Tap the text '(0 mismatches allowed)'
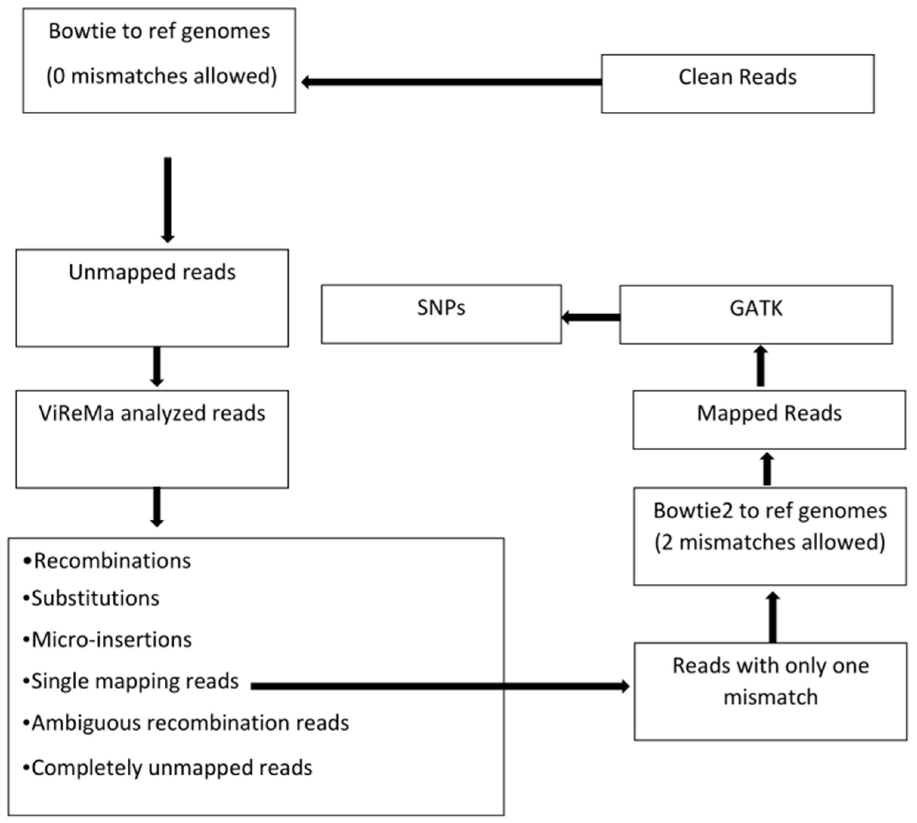point(161,76)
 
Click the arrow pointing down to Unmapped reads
point(168,199)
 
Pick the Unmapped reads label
point(152,272)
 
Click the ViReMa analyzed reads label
point(152,413)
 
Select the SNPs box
point(441,314)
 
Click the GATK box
point(756,314)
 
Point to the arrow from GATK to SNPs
point(591,317)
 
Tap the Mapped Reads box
point(769,419)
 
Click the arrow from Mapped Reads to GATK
point(761,366)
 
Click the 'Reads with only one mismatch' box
point(770,690)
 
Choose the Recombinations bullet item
point(108,561)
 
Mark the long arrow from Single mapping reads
point(439,686)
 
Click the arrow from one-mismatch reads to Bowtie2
point(773,617)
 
